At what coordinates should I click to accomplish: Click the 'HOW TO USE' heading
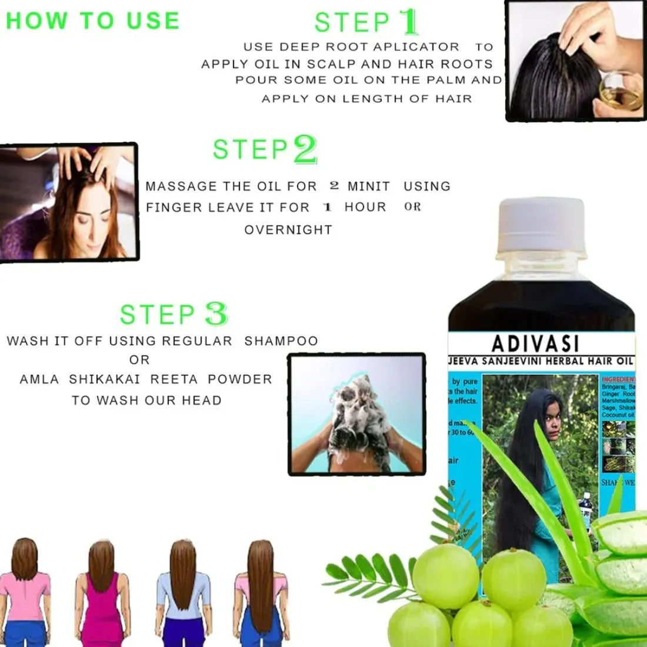(92, 21)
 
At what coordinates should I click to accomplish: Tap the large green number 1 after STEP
(408, 22)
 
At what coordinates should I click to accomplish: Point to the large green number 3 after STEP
(216, 314)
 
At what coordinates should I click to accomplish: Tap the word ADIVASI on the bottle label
(535, 343)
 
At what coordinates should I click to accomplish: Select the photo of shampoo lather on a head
(356, 413)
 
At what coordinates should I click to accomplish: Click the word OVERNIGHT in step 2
(288, 230)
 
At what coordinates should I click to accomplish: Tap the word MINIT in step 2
(368, 186)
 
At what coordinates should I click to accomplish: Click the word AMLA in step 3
(39, 379)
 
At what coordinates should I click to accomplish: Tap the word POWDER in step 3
(240, 379)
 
